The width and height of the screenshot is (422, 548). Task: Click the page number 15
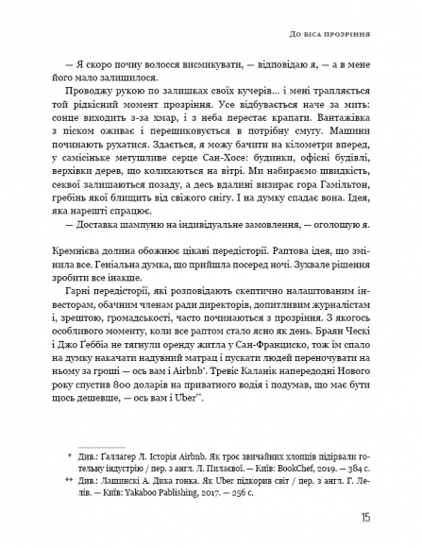364,518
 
